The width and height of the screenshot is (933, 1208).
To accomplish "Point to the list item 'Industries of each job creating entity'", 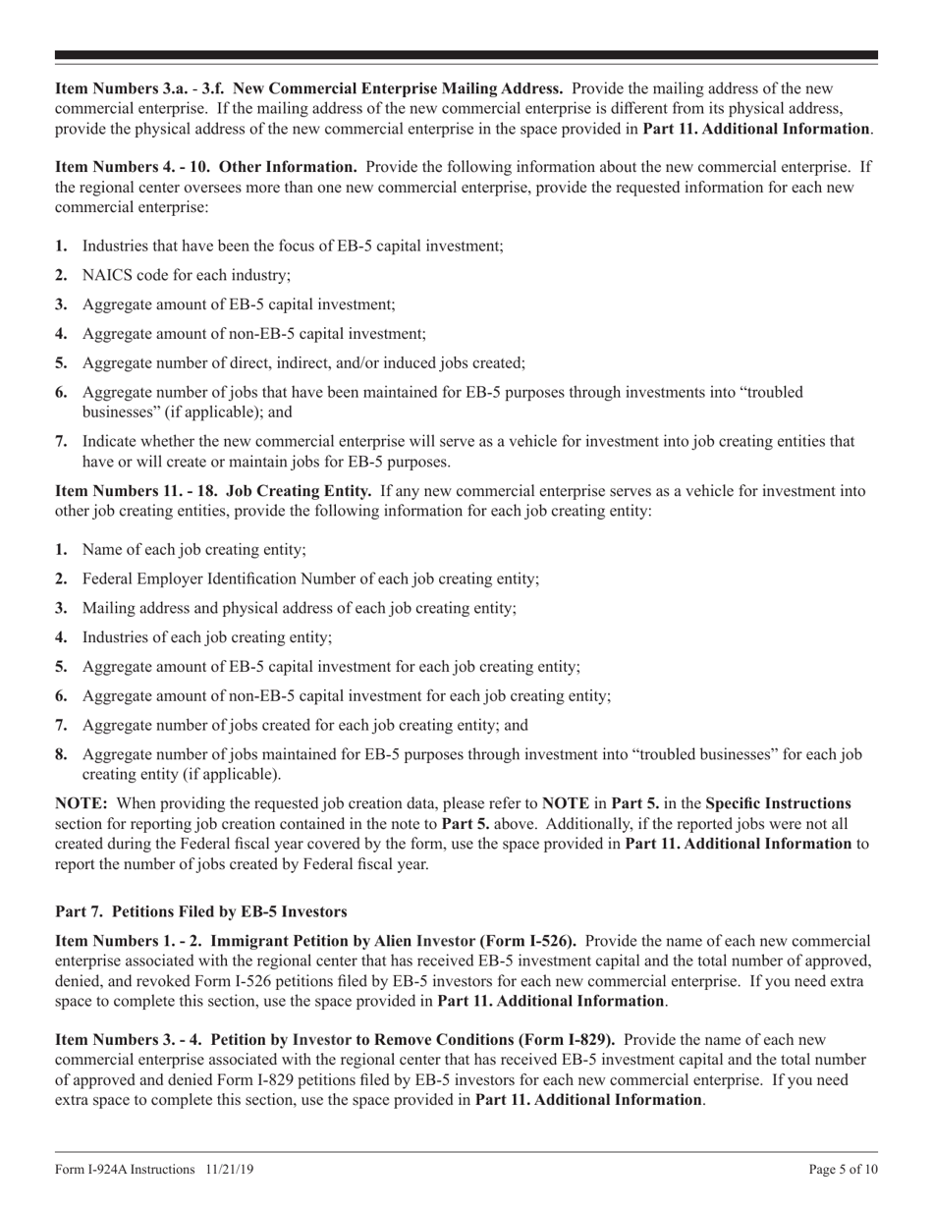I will (206, 637).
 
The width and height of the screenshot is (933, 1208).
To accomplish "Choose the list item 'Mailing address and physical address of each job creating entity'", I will (299, 608).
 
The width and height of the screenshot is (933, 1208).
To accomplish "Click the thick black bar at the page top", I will (466, 55).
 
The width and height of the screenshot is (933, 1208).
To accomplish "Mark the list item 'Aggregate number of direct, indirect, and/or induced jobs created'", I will (302, 363).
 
